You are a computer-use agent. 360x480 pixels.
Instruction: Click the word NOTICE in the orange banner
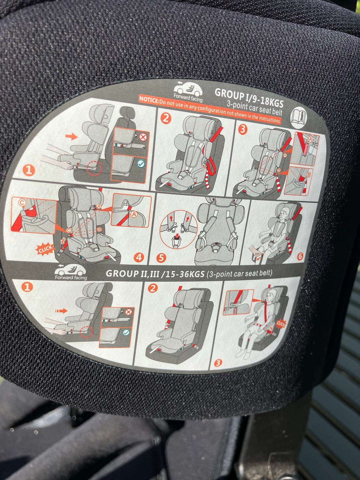149,99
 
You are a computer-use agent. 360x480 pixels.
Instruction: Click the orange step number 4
139,258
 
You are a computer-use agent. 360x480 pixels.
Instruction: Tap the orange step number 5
161,258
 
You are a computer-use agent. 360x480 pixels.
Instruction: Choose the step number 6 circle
300,256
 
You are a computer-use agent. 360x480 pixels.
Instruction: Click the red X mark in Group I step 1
143,137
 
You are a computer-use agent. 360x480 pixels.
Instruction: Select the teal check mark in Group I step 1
141,163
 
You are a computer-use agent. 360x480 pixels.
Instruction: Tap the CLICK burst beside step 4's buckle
45,249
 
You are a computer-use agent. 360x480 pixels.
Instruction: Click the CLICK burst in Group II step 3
280,324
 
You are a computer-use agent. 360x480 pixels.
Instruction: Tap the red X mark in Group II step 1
129,312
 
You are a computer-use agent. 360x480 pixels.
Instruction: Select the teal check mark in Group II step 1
126,333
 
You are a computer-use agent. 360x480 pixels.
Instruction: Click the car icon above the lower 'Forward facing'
70,270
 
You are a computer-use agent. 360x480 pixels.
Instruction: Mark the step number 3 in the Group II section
218,363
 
